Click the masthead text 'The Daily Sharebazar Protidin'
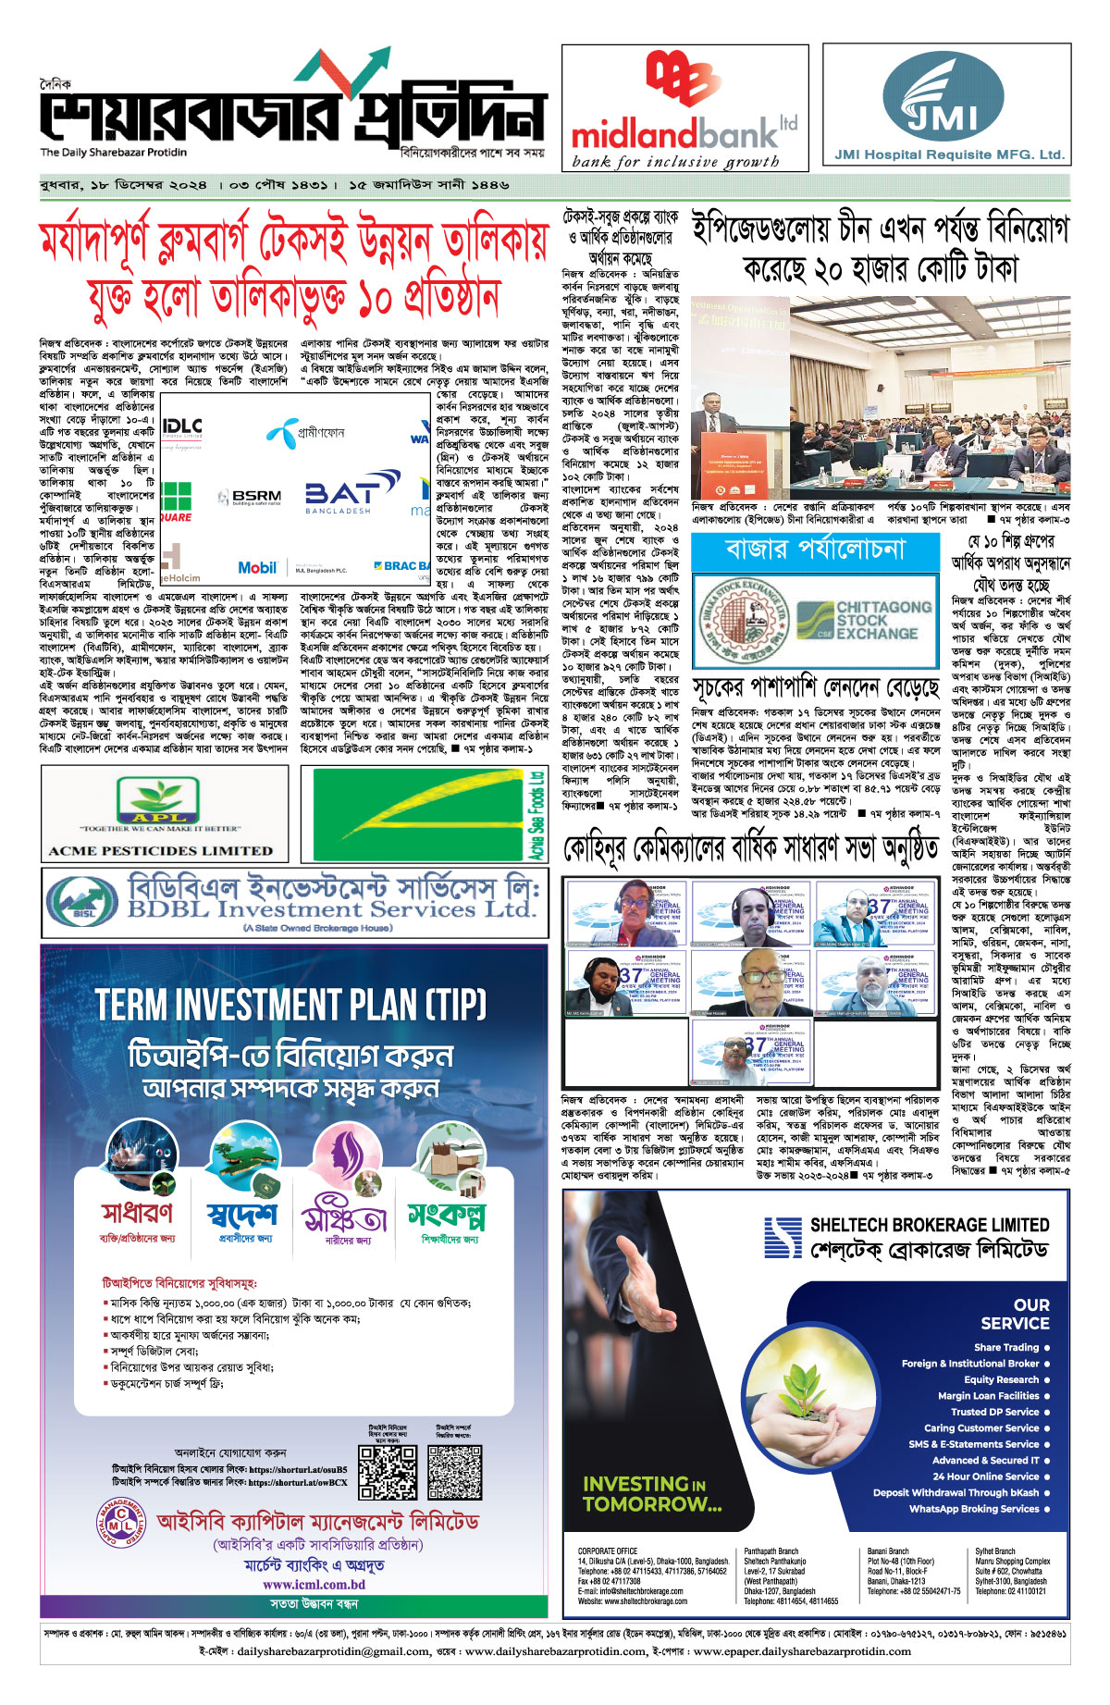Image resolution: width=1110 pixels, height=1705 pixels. tap(113, 153)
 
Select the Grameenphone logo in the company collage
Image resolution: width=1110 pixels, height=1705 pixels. tap(305, 433)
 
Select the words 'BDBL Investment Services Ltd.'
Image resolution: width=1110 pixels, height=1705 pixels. tap(331, 908)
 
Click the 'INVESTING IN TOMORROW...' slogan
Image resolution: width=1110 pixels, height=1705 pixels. tap(652, 1494)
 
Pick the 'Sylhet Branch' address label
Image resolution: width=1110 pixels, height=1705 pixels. tap(994, 1551)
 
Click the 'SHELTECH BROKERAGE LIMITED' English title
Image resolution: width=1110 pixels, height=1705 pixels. tap(929, 1225)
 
